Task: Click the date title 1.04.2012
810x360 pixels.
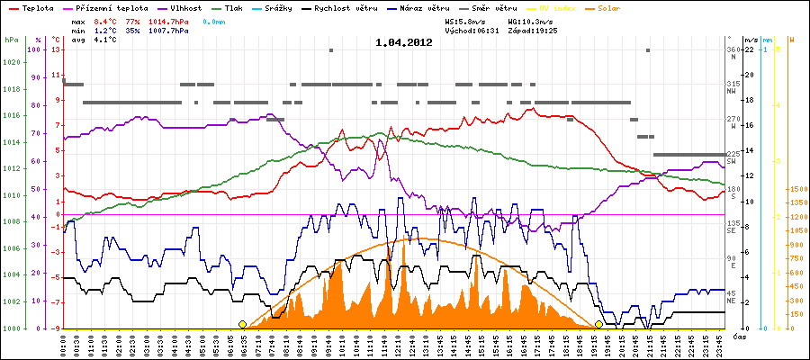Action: click(405, 42)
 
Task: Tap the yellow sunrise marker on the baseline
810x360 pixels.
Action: click(242, 324)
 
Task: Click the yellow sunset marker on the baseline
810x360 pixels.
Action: click(599, 324)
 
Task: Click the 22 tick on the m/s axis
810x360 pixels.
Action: click(750, 49)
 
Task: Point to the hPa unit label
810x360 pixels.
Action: click(10, 40)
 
